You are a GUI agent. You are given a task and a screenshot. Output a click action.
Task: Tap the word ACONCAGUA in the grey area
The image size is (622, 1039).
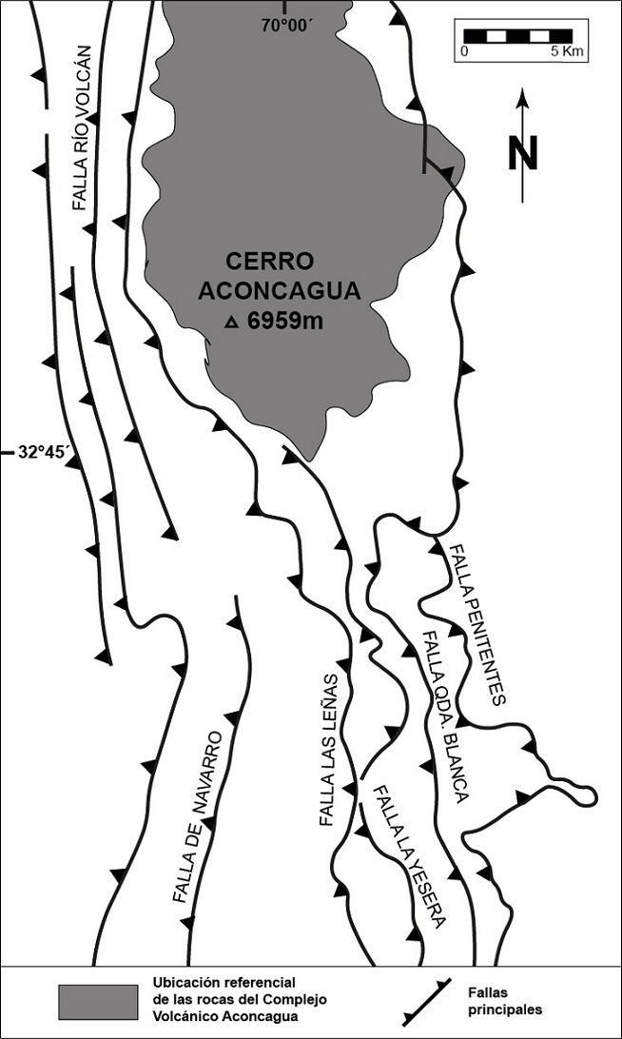click(280, 291)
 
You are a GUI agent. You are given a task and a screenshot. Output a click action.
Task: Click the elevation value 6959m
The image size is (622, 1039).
click(285, 322)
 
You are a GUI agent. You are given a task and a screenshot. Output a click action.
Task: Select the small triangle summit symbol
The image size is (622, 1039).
click(230, 323)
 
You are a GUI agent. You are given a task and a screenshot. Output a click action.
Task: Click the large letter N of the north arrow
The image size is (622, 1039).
click(522, 154)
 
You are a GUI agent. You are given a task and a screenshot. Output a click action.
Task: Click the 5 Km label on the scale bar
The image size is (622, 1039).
click(567, 51)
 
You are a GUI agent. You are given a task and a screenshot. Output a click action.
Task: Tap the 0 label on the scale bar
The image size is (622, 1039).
click(464, 51)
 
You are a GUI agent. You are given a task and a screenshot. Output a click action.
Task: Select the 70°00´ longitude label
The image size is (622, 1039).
click(286, 27)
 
